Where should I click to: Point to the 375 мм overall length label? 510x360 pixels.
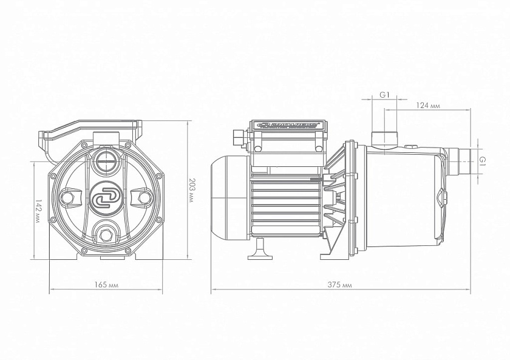pyautogui.click(x=341, y=284)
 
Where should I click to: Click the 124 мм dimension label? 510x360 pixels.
pyautogui.click(x=428, y=105)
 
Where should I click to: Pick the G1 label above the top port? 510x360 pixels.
pyautogui.click(x=384, y=95)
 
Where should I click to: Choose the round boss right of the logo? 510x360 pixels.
pyautogui.click(x=143, y=198)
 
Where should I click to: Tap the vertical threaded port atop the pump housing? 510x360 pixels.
pyautogui.click(x=384, y=138)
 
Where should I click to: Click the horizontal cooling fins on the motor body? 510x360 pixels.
pyautogui.click(x=285, y=203)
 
